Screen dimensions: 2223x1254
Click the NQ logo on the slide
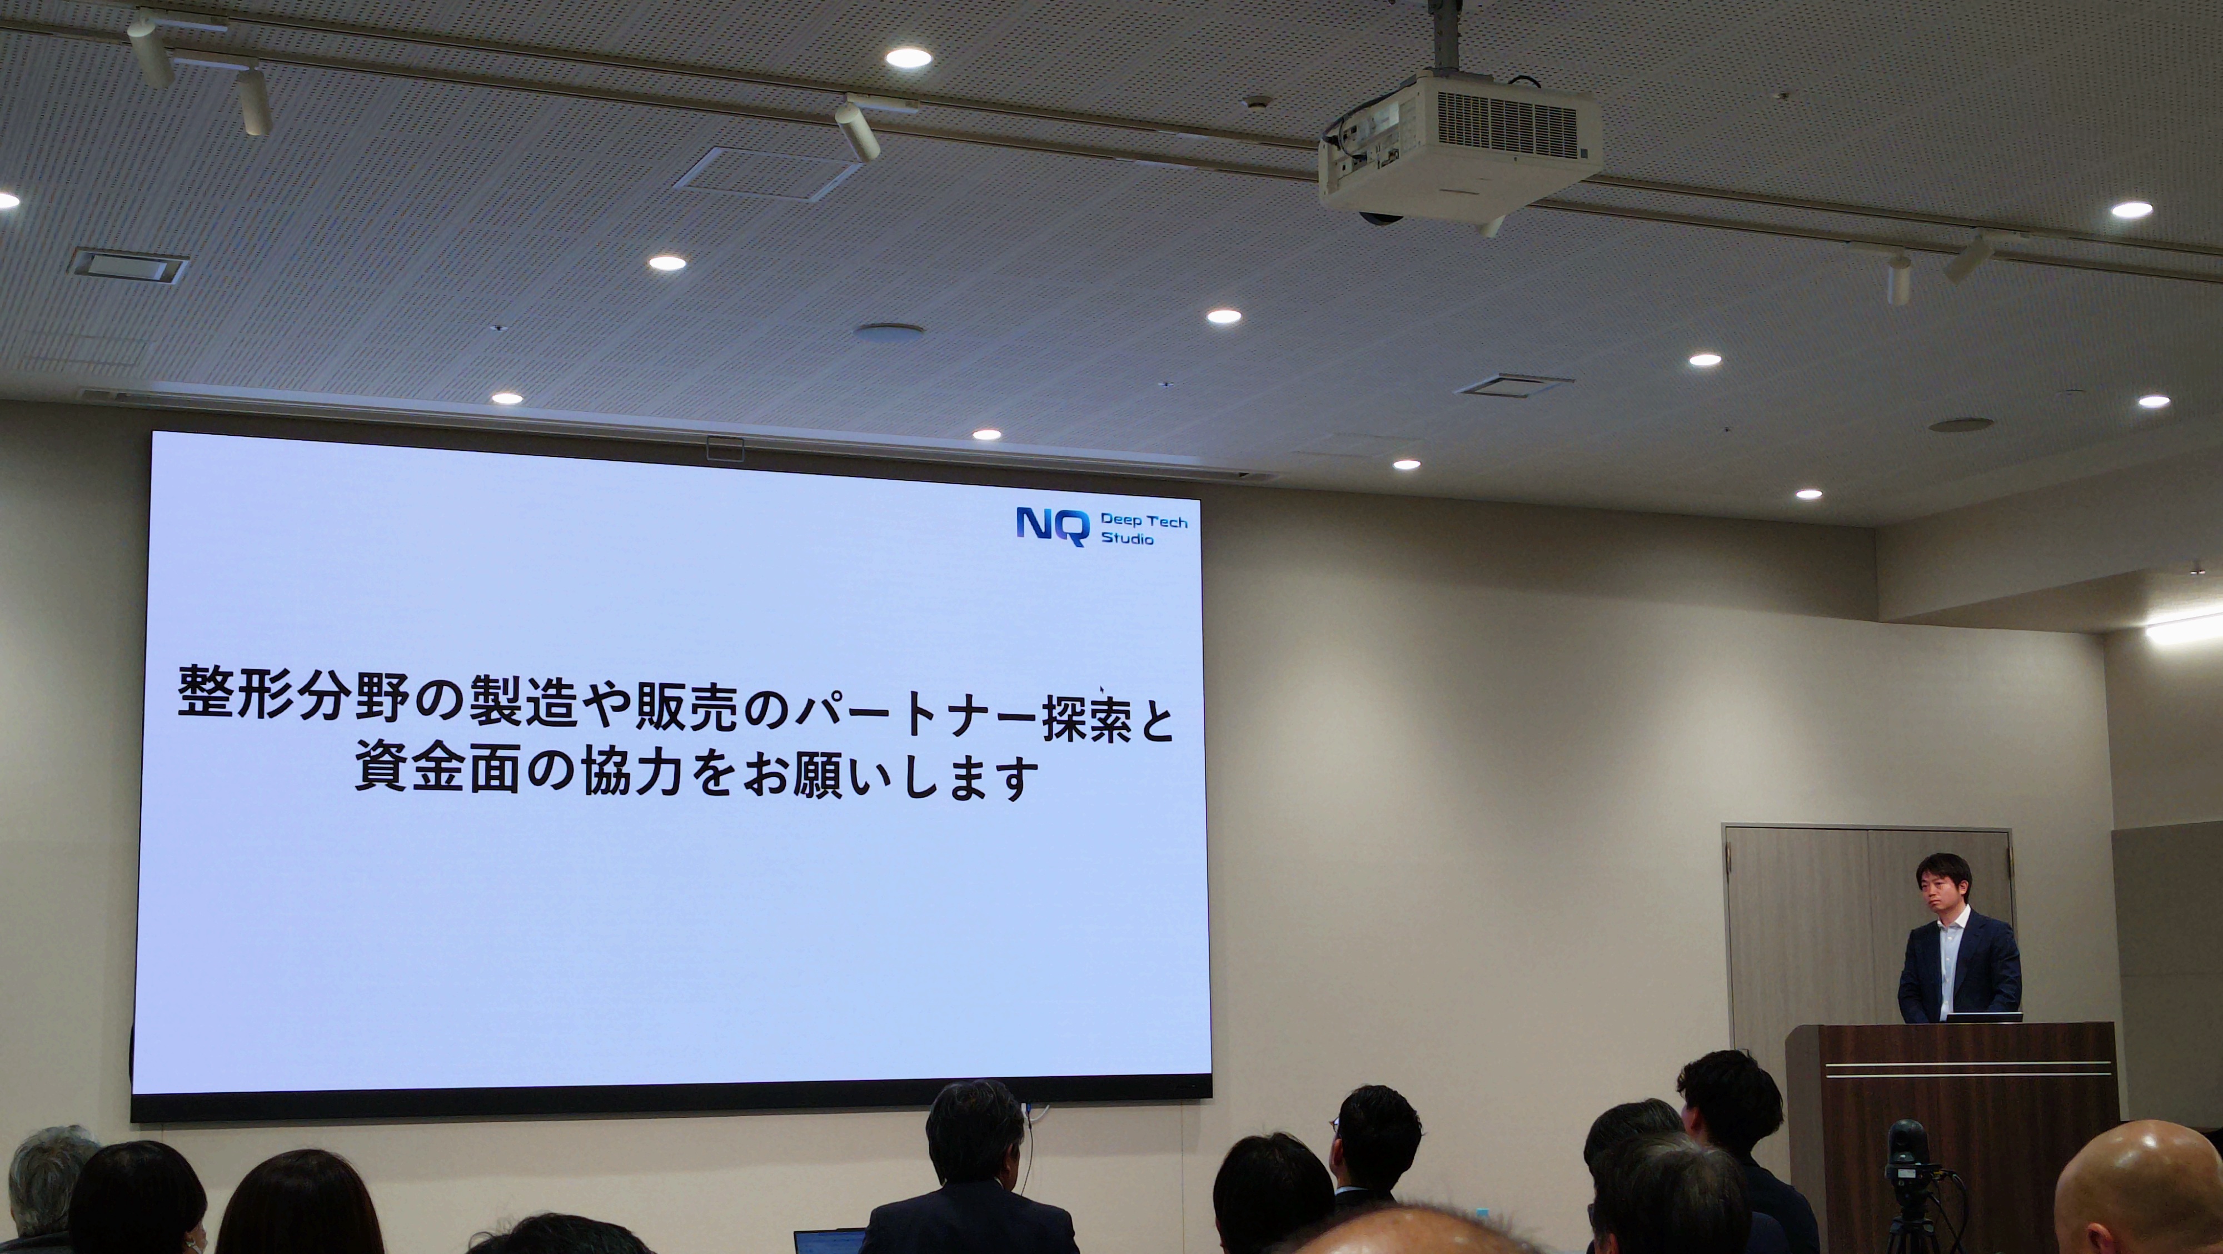1052,526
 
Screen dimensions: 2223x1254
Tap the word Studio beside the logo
1127,539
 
